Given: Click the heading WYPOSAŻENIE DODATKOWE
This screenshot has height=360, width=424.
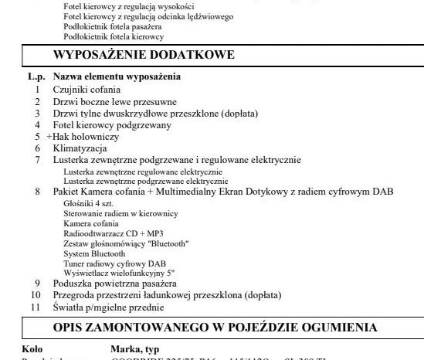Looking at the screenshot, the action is pyautogui.click(x=144, y=55).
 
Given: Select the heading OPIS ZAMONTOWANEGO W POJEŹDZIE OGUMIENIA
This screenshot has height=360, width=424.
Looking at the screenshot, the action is pyautogui.click(x=219, y=326).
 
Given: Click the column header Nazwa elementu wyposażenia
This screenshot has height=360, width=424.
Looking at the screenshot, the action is pyautogui.click(x=116, y=77).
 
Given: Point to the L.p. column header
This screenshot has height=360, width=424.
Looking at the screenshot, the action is pyautogui.click(x=36, y=77).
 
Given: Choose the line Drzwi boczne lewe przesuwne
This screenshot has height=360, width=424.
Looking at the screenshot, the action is pyautogui.click(x=114, y=101).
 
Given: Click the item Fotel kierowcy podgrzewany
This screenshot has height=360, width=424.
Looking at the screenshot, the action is pyautogui.click(x=112, y=124).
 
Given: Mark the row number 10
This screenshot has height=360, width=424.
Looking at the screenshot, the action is pyautogui.click(x=36, y=295).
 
